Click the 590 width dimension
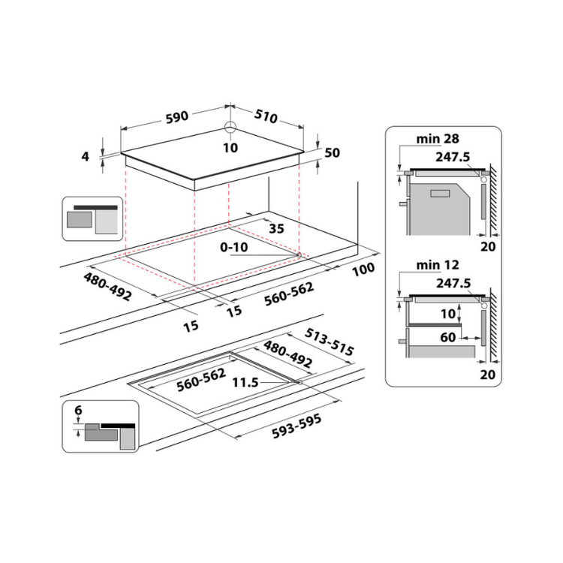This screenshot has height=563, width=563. click(177, 117)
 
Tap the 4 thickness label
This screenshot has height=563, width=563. click(86, 157)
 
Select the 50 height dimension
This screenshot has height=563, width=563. click(333, 153)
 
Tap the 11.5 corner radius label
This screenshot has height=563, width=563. click(245, 383)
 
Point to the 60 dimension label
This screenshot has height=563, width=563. click(448, 338)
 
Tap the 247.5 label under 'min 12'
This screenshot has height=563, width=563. click(452, 283)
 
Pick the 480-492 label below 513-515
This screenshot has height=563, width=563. click(287, 355)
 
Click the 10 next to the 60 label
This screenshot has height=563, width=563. click(448, 312)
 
